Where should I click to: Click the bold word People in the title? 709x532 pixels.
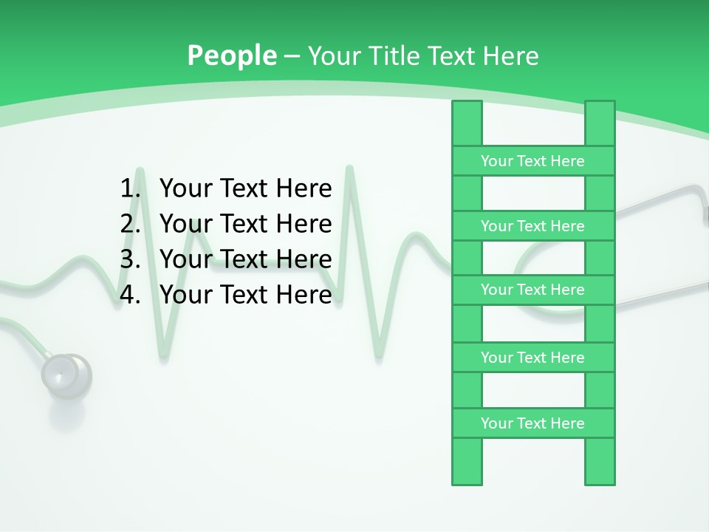(x=232, y=55)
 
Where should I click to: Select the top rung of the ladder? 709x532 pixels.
(x=532, y=161)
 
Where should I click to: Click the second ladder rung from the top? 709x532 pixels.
(x=532, y=226)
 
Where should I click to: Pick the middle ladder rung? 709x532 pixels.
(x=532, y=290)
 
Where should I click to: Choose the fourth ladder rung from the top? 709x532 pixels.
(x=532, y=358)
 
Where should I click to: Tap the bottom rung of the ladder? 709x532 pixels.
(x=532, y=423)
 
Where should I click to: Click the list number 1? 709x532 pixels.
(x=130, y=189)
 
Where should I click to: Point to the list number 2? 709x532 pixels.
(x=130, y=224)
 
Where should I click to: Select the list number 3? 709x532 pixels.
(x=130, y=259)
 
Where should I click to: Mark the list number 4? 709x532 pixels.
(x=130, y=295)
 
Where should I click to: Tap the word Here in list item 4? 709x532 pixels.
(x=304, y=295)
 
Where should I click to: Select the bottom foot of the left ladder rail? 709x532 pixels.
(x=467, y=477)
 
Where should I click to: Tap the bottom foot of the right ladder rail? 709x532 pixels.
(x=600, y=477)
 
